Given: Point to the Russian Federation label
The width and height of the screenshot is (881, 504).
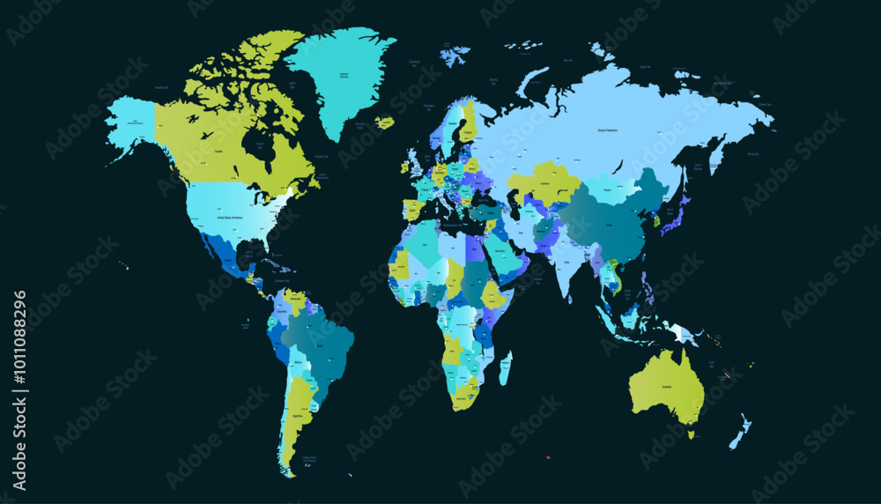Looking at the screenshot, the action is [607, 130].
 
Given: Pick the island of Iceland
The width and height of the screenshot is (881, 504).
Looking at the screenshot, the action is [384, 123].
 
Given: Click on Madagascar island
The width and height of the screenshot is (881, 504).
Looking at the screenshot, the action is [505, 368].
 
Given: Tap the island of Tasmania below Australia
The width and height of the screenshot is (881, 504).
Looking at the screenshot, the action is [691, 434].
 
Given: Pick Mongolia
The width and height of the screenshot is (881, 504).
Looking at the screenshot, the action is [609, 188].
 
